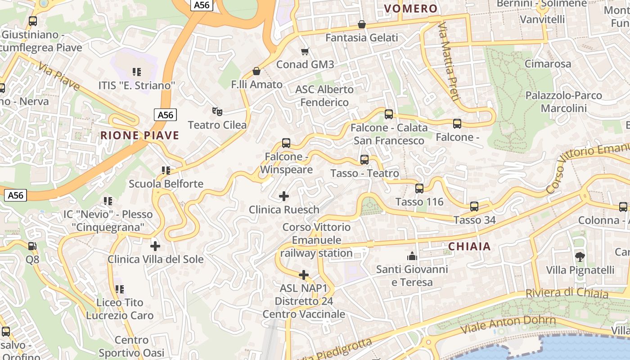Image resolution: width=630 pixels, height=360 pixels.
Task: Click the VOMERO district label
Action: [x=411, y=9]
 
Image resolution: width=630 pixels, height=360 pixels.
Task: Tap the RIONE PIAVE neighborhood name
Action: [x=139, y=135]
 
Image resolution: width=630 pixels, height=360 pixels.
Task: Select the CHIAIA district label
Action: [x=469, y=247]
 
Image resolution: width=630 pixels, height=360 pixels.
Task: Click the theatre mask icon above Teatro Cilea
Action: [x=217, y=111]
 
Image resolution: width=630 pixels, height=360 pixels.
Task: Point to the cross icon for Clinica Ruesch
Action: [x=284, y=196]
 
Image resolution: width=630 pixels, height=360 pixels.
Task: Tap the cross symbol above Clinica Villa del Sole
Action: [x=155, y=246]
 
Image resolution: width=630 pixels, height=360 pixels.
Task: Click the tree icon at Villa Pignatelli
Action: [x=580, y=257]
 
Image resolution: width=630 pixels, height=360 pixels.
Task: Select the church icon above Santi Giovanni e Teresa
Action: [x=412, y=256]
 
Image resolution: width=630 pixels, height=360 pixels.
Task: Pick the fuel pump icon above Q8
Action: [x=32, y=246]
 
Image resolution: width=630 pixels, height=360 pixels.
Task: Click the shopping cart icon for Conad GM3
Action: [x=305, y=51]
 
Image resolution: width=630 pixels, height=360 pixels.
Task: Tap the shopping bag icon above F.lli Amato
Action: [x=256, y=71]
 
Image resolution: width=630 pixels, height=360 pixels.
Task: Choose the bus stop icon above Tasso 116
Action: [x=419, y=189]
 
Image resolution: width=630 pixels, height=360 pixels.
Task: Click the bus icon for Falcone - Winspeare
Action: [x=286, y=143]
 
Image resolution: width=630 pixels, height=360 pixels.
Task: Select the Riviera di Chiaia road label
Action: [x=567, y=292]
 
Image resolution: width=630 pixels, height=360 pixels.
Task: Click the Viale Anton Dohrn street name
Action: [x=508, y=325]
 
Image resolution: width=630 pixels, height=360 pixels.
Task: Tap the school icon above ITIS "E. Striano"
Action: [x=137, y=72]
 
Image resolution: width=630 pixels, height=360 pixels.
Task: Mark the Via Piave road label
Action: [x=59, y=76]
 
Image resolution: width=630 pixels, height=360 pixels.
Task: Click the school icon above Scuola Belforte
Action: [x=166, y=171]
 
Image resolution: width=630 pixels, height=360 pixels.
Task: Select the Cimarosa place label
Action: [x=547, y=64]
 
